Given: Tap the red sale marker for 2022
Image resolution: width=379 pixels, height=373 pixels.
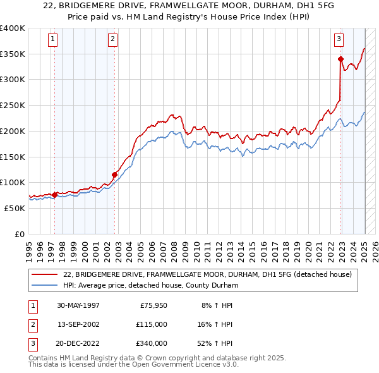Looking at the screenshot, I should pyautogui.click(x=340, y=59).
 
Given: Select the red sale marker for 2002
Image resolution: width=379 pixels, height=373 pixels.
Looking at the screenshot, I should pyautogui.click(x=114, y=174).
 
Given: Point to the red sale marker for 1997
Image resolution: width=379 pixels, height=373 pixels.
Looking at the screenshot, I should pyautogui.click(x=54, y=195).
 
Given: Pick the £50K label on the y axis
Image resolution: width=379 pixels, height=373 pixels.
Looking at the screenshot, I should pyautogui.click(x=15, y=208).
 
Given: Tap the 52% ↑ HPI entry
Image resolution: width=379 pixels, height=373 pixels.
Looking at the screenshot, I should pyautogui.click(x=215, y=343).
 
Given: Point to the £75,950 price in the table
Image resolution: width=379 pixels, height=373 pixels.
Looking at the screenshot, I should pyautogui.click(x=152, y=305).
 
